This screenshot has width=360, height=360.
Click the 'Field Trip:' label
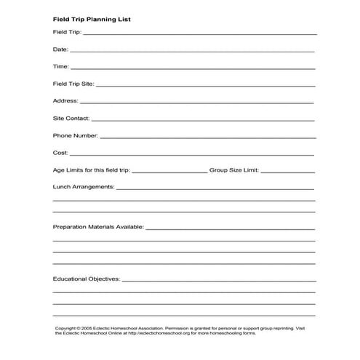click(x=66, y=33)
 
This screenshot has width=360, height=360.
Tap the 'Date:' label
click(x=60, y=49)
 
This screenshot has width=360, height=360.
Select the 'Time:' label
click(x=60, y=67)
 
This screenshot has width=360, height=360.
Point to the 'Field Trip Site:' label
click(x=73, y=84)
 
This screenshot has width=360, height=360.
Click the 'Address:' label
click(x=65, y=101)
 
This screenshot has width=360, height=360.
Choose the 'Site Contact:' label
click(x=71, y=118)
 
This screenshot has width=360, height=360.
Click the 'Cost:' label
click(x=60, y=153)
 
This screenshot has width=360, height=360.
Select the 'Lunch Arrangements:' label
click(x=84, y=187)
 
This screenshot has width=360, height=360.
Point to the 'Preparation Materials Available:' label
click(x=98, y=227)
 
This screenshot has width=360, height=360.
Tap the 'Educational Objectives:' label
click(x=87, y=279)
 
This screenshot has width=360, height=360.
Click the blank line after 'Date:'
click(x=193, y=52)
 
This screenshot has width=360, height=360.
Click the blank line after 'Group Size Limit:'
click(x=287, y=172)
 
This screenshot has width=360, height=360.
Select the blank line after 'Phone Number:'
click(x=208, y=137)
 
